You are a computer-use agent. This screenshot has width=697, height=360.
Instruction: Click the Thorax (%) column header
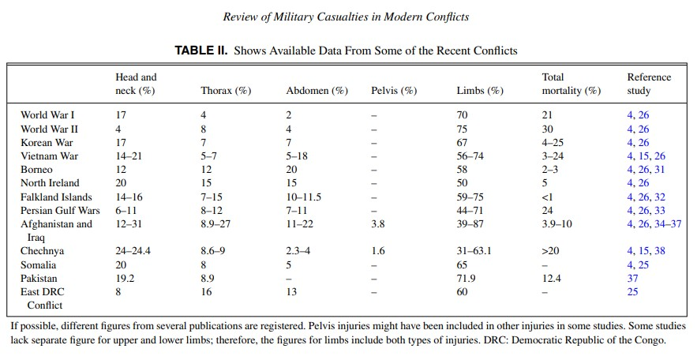[226, 91]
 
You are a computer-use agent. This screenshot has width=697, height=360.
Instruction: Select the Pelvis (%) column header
[394, 91]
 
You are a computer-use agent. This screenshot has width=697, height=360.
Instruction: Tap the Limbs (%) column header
[480, 91]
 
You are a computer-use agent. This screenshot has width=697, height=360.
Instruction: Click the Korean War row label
[47, 142]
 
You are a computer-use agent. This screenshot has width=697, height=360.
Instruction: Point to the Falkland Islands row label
[56, 197]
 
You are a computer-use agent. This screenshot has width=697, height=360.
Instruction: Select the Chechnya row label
[42, 251]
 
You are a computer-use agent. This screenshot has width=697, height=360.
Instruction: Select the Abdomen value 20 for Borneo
[291, 170]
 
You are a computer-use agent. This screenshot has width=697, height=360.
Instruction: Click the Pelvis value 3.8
[378, 223]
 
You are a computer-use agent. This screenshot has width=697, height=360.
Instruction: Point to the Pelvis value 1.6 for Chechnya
[378, 251]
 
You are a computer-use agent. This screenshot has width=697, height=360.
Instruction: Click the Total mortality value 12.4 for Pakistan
[551, 278]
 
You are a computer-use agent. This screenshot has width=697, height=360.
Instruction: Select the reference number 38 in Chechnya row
[660, 251]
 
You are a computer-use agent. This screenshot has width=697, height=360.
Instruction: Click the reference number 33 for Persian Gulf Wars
[660, 210]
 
